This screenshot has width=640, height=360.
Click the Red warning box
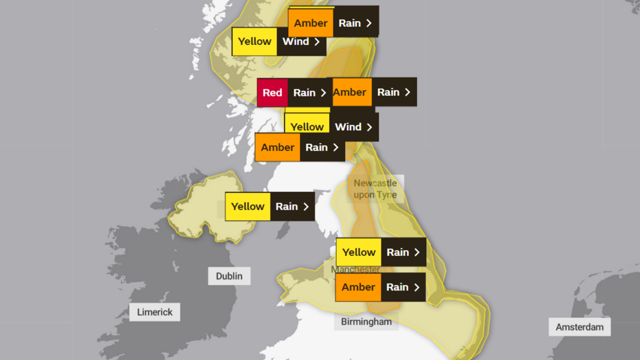coord(272,92)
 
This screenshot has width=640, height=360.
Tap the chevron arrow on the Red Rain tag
coord(323,93)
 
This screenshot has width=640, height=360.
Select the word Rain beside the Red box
coord(304,93)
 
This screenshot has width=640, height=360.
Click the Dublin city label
coord(229,276)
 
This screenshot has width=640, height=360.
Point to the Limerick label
coord(155,312)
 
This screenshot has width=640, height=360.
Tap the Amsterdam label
coord(579,327)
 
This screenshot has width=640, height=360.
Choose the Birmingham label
coord(366,322)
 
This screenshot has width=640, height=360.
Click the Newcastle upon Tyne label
coord(375,189)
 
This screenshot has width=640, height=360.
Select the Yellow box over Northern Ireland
coord(248,206)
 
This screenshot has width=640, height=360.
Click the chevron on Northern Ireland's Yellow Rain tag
coord(306,207)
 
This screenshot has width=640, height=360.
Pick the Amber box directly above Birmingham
coord(358,287)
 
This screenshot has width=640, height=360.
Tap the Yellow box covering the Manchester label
coord(359,252)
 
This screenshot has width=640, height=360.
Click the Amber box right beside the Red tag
coord(350,92)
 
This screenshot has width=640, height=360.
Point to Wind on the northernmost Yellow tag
coord(295,42)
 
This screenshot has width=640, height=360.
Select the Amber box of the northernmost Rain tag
coord(311,23)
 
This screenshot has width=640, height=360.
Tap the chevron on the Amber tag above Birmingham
coord(417,288)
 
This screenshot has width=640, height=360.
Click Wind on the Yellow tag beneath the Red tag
coord(348,127)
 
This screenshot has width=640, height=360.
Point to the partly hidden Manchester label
coord(356,270)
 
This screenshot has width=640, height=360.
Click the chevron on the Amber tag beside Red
coord(408,92)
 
